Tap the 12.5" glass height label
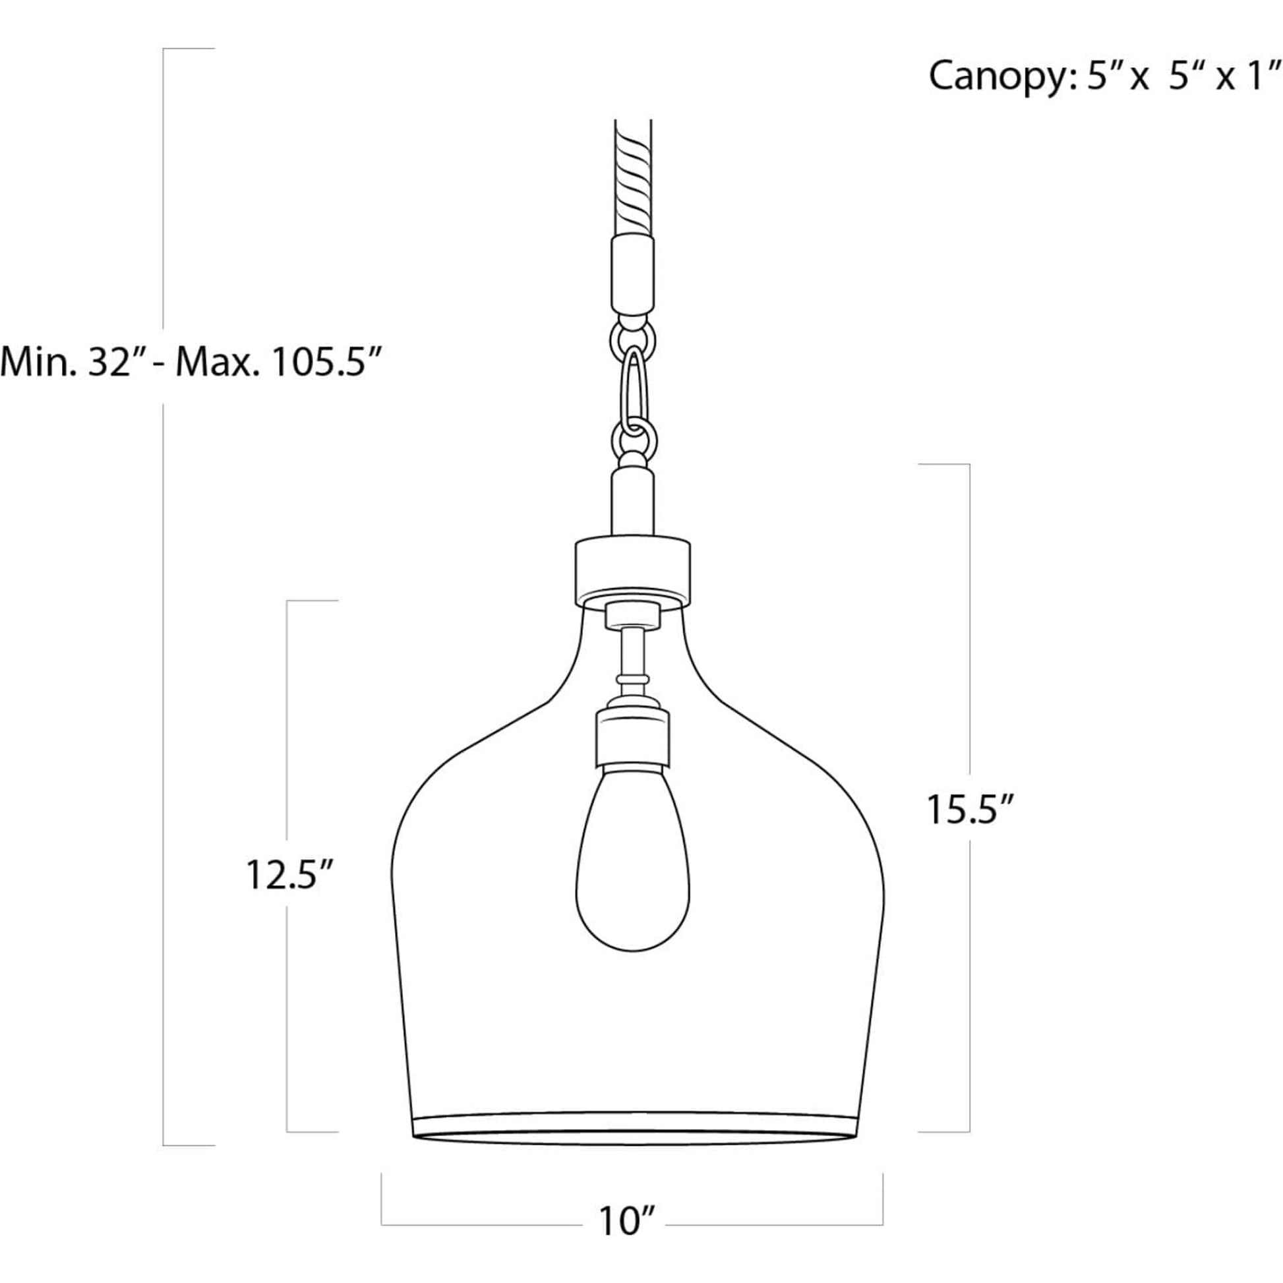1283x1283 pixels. pos(289,875)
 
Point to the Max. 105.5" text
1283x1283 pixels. pos(280,362)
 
